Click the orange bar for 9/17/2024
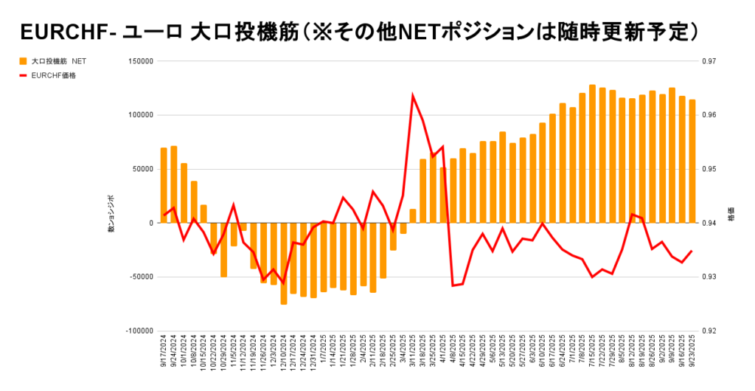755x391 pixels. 164,185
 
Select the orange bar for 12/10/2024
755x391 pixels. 283,263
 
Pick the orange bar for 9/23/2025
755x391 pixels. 692,161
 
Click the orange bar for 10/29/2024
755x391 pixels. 223,249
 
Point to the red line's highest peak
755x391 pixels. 413,95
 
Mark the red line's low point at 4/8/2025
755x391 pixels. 453,285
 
